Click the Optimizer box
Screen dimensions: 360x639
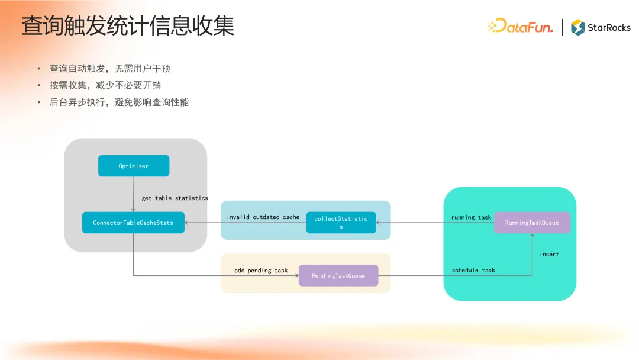pos(134,166)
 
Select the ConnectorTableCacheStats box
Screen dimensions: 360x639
pos(133,223)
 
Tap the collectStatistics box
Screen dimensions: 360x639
pos(341,223)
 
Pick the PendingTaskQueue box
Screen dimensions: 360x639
pos(338,275)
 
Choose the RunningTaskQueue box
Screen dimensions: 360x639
pos(532,223)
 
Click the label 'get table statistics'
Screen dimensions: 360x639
pos(175,198)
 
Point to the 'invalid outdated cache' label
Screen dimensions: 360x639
pos(263,217)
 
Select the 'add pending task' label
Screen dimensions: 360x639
pos(261,271)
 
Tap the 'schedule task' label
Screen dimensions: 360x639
pos(473,271)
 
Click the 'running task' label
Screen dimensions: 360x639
pos(471,217)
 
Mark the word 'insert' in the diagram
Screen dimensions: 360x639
pos(549,254)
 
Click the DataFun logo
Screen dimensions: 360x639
pos(520,27)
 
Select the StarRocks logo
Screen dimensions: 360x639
pos(601,27)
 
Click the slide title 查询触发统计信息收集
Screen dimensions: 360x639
pos(128,26)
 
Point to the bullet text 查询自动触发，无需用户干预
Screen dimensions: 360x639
pos(110,69)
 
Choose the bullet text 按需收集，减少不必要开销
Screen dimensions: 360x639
pos(105,85)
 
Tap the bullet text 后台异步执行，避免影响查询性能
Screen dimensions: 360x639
pos(119,102)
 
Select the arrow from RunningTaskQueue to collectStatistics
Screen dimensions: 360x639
pos(435,223)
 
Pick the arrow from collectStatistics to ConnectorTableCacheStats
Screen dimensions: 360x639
pos(246,223)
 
